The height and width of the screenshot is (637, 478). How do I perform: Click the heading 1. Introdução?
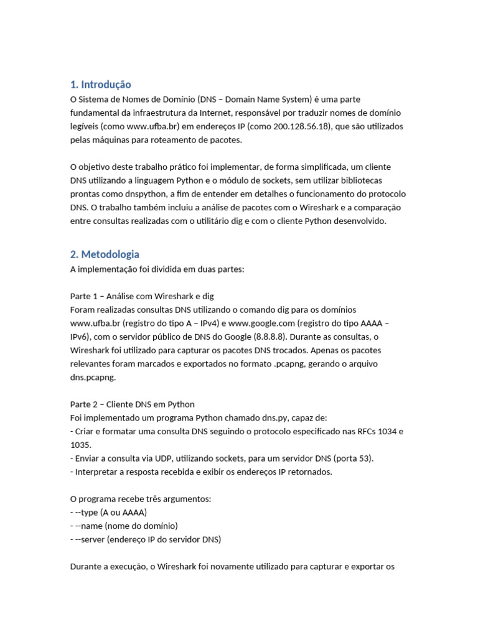tap(100, 85)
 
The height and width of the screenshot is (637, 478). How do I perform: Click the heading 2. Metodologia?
tap(105, 254)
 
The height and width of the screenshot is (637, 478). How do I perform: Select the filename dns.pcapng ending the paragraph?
tap(92, 377)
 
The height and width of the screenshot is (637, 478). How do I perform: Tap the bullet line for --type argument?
tap(108, 513)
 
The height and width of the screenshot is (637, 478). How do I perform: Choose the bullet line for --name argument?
tap(124, 526)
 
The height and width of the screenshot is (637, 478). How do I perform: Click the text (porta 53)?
tap(354, 458)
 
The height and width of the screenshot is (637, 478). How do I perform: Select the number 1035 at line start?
tap(80, 445)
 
